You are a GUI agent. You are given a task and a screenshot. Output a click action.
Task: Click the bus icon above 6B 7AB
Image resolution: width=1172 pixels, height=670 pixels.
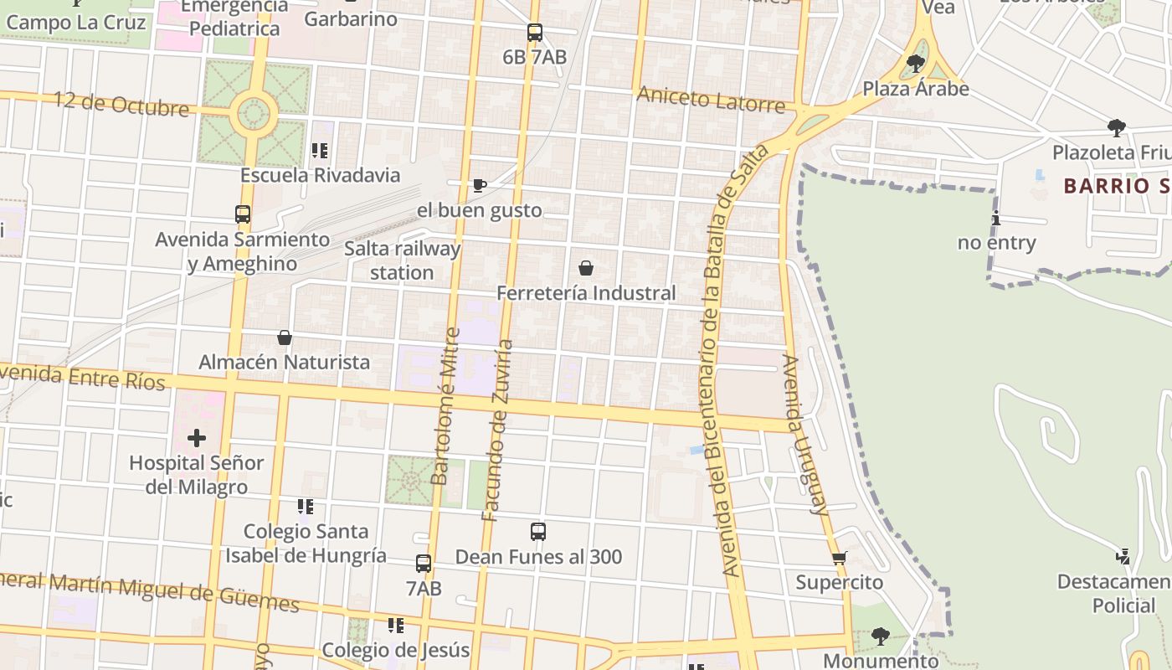[x=535, y=33]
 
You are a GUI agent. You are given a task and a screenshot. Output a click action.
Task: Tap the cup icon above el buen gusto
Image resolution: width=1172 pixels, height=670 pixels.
[x=479, y=185]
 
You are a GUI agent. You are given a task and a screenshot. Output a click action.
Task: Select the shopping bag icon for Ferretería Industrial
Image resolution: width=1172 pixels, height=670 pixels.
[x=586, y=268]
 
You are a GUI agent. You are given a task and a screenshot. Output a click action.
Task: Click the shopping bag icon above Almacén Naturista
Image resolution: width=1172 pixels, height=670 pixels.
[x=285, y=338]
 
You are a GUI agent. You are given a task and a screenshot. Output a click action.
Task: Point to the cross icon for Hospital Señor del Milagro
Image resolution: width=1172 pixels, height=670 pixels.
[x=197, y=438]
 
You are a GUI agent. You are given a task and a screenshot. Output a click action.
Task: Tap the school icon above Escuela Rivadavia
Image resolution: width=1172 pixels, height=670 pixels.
[x=319, y=151]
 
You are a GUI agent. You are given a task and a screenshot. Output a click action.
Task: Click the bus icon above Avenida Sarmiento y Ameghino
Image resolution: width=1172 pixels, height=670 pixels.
[x=243, y=214]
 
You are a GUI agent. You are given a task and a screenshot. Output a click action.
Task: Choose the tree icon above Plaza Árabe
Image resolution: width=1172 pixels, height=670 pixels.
[x=916, y=64]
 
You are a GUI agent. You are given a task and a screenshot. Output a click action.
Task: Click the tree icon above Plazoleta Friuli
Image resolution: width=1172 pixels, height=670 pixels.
[x=1116, y=128]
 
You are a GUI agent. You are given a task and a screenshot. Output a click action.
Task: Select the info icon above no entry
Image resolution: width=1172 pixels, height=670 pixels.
[x=996, y=219]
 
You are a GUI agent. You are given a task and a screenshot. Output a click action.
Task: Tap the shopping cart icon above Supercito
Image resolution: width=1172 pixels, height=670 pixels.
[x=839, y=558]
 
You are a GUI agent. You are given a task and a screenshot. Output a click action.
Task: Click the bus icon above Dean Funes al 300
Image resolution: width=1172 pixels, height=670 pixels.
[x=538, y=532]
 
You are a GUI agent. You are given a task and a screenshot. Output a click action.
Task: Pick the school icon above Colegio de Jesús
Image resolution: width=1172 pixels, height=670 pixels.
[x=396, y=625]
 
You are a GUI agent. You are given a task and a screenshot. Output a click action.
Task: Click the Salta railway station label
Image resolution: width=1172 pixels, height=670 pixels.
[x=403, y=260]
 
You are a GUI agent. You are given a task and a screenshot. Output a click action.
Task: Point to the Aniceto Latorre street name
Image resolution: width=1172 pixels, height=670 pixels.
[x=711, y=99]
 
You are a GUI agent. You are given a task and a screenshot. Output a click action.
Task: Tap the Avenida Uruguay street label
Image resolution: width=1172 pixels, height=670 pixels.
[x=805, y=434]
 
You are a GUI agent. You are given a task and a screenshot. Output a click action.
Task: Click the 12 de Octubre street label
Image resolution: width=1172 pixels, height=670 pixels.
[x=122, y=104]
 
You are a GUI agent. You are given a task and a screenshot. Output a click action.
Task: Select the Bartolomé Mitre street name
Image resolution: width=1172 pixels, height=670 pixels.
[x=445, y=406]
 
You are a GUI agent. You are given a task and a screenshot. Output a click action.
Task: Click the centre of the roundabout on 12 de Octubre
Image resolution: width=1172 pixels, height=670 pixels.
[x=254, y=113]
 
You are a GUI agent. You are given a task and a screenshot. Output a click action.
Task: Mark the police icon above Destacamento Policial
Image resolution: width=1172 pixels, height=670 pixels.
[x=1123, y=556]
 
